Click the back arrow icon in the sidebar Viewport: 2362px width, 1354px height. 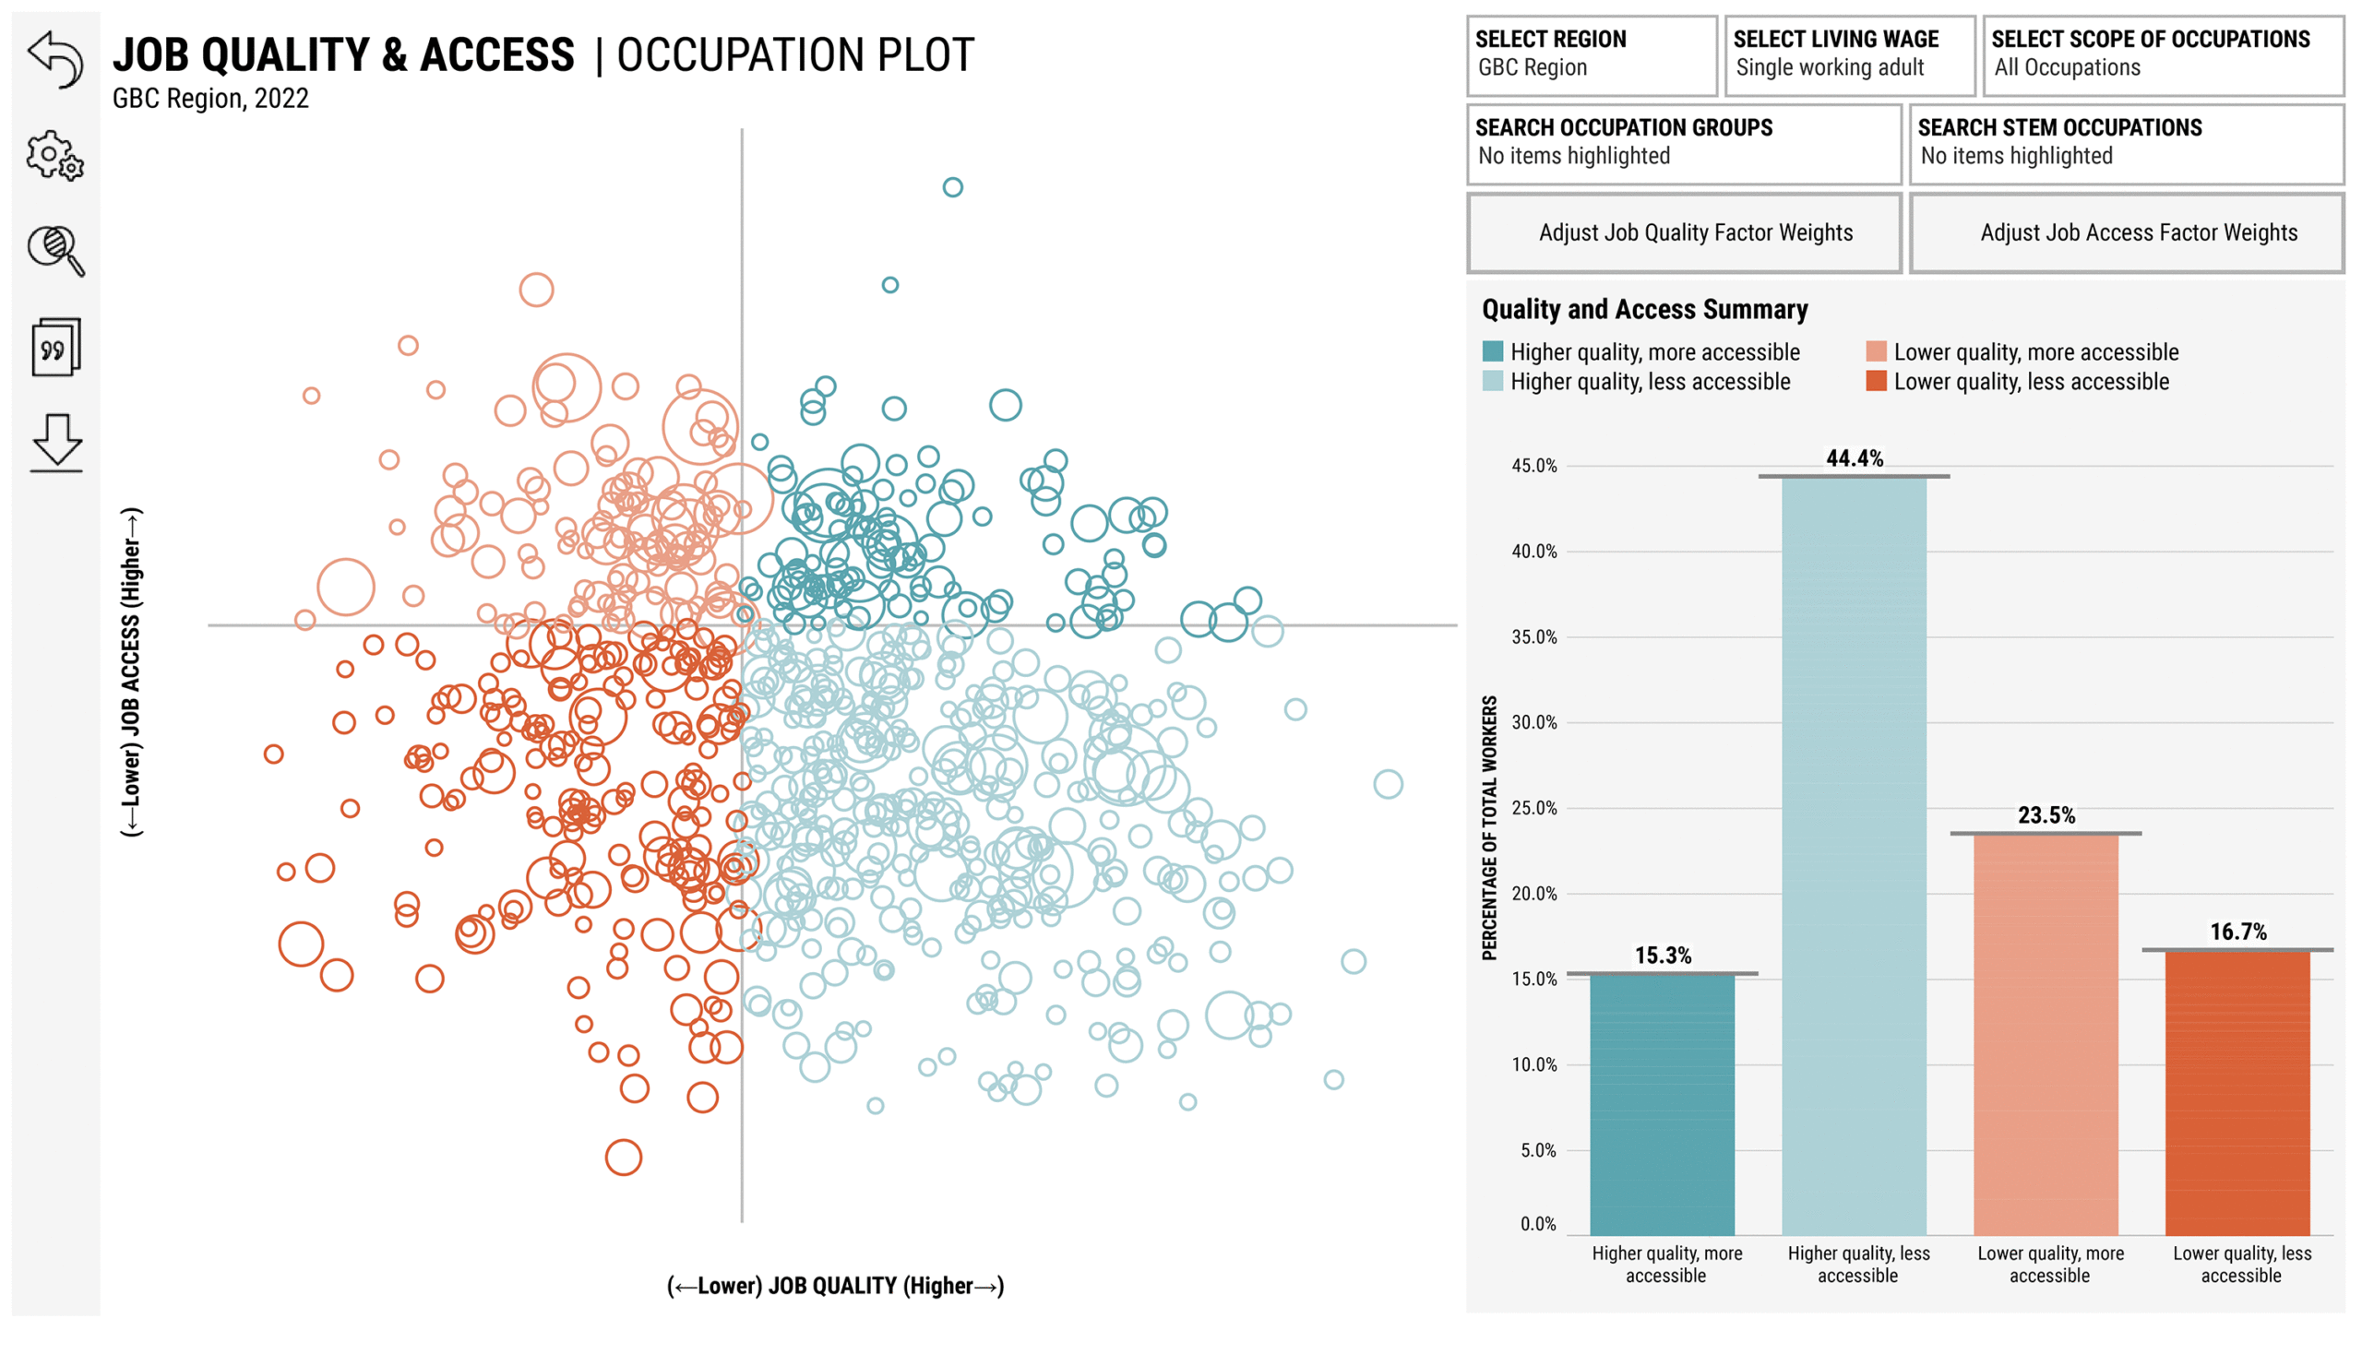(55, 60)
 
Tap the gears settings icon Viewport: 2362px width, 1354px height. (54, 155)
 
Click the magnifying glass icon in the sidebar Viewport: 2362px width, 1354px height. (55, 251)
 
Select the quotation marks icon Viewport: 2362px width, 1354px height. (55, 347)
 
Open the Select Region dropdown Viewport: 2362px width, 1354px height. (1591, 54)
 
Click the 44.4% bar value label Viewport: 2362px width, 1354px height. (1854, 457)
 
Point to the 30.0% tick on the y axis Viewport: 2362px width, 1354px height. (1534, 722)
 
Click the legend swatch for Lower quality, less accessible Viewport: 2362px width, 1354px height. (1876, 381)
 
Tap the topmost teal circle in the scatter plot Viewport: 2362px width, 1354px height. (951, 187)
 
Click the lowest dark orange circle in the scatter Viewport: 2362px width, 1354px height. (624, 1158)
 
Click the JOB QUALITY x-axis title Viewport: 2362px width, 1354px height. (834, 1286)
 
